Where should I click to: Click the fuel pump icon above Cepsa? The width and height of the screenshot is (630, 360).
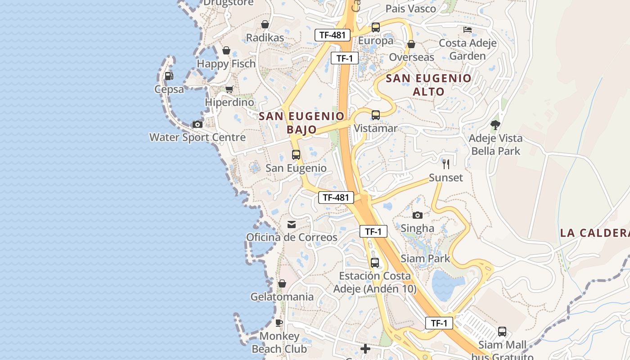pos(169,76)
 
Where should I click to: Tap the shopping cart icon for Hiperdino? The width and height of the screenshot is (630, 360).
pos(229,89)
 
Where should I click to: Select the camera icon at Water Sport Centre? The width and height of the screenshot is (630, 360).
pos(197,124)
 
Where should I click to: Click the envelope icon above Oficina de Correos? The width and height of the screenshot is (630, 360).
pos(292,224)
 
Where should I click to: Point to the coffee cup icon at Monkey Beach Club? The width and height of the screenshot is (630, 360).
pos(279,323)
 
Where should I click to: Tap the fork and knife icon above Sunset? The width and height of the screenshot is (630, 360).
pos(445,164)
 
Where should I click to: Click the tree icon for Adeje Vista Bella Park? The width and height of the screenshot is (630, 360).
pos(495,125)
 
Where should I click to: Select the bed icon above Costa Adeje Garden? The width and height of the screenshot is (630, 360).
pos(468,30)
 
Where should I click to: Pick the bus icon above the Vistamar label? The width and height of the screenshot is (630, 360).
pos(376,115)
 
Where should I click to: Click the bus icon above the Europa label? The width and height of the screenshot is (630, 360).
pos(376,27)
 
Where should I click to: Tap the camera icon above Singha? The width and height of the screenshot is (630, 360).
pos(418,215)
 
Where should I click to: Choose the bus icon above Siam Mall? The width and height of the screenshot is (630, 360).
pos(502,332)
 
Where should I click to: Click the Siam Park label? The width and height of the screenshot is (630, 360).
pos(425,258)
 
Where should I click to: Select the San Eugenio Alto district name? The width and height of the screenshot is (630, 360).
pos(429,85)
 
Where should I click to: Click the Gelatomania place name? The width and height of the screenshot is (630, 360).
pos(282,297)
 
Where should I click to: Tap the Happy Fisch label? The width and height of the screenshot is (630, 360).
pos(226,63)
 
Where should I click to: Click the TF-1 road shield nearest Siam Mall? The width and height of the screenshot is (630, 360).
pos(439,323)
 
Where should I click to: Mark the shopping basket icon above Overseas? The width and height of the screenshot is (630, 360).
pos(411,44)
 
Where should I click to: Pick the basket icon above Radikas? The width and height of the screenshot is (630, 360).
pos(265,24)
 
